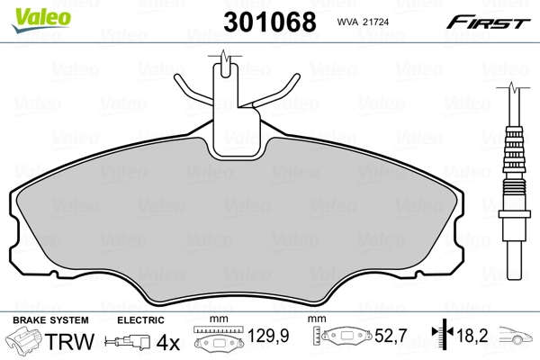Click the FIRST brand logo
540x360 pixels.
click(490, 21)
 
